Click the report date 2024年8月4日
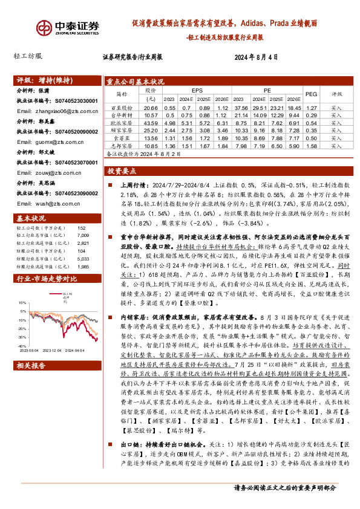[255, 57]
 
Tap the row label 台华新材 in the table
[122, 115]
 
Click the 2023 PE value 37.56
[241, 107]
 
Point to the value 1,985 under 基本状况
[83, 250]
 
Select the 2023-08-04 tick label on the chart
[28, 349]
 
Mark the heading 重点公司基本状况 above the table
[135, 81]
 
